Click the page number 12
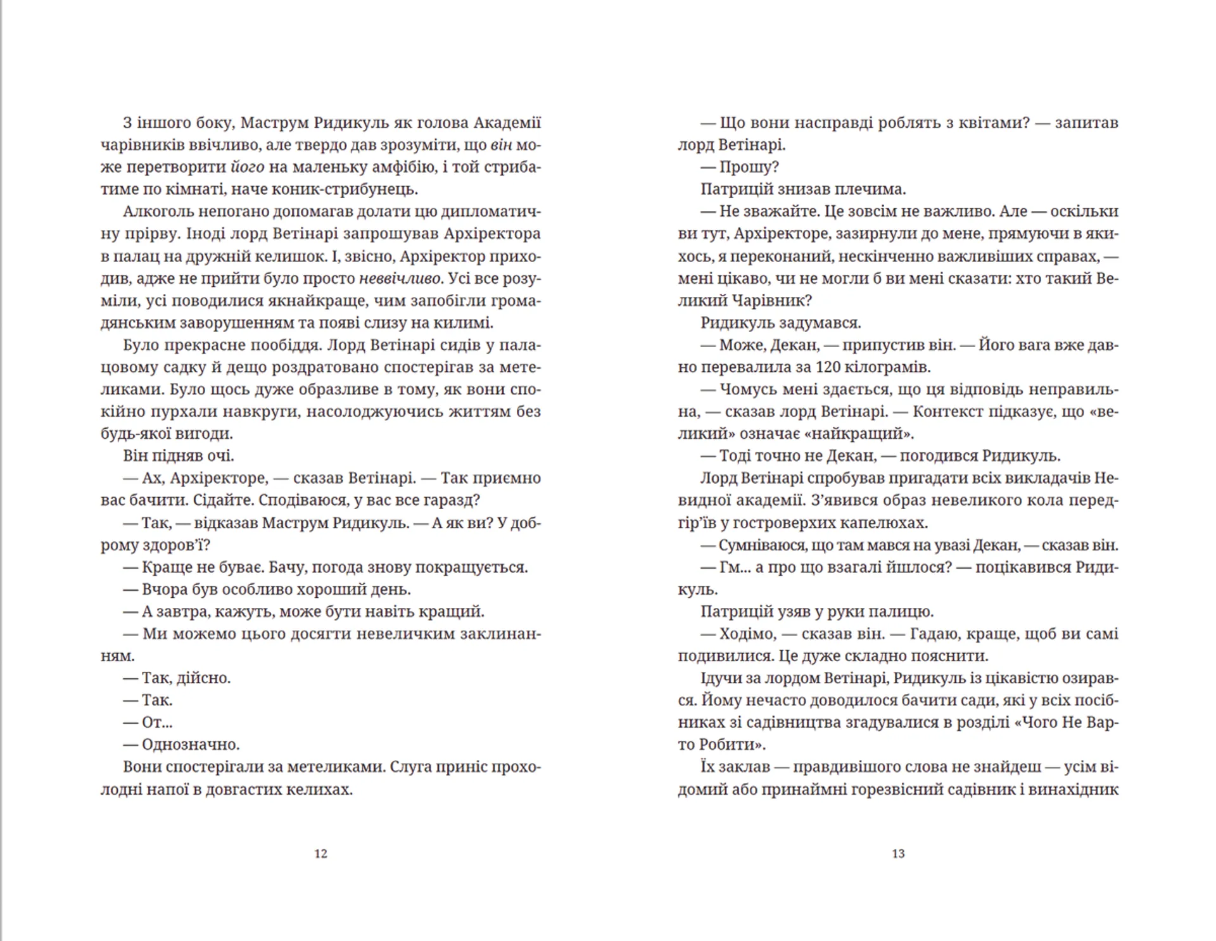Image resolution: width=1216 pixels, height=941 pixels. click(320, 854)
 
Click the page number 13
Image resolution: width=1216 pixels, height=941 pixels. click(898, 854)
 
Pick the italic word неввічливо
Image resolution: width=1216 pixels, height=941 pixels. click(400, 279)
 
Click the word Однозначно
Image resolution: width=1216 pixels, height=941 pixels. click(191, 745)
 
